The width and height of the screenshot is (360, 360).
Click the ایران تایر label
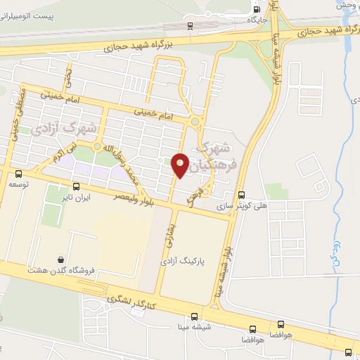click(x=77, y=198)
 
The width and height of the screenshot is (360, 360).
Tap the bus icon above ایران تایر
click(x=77, y=186)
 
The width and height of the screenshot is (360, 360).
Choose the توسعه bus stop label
click(x=18, y=184)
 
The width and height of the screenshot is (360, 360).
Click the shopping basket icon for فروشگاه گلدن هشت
click(x=62, y=259)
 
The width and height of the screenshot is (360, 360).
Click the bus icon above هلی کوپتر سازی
click(x=241, y=195)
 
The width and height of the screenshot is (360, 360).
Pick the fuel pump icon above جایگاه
click(x=256, y=8)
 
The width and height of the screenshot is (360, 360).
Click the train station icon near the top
click(x=191, y=25)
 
